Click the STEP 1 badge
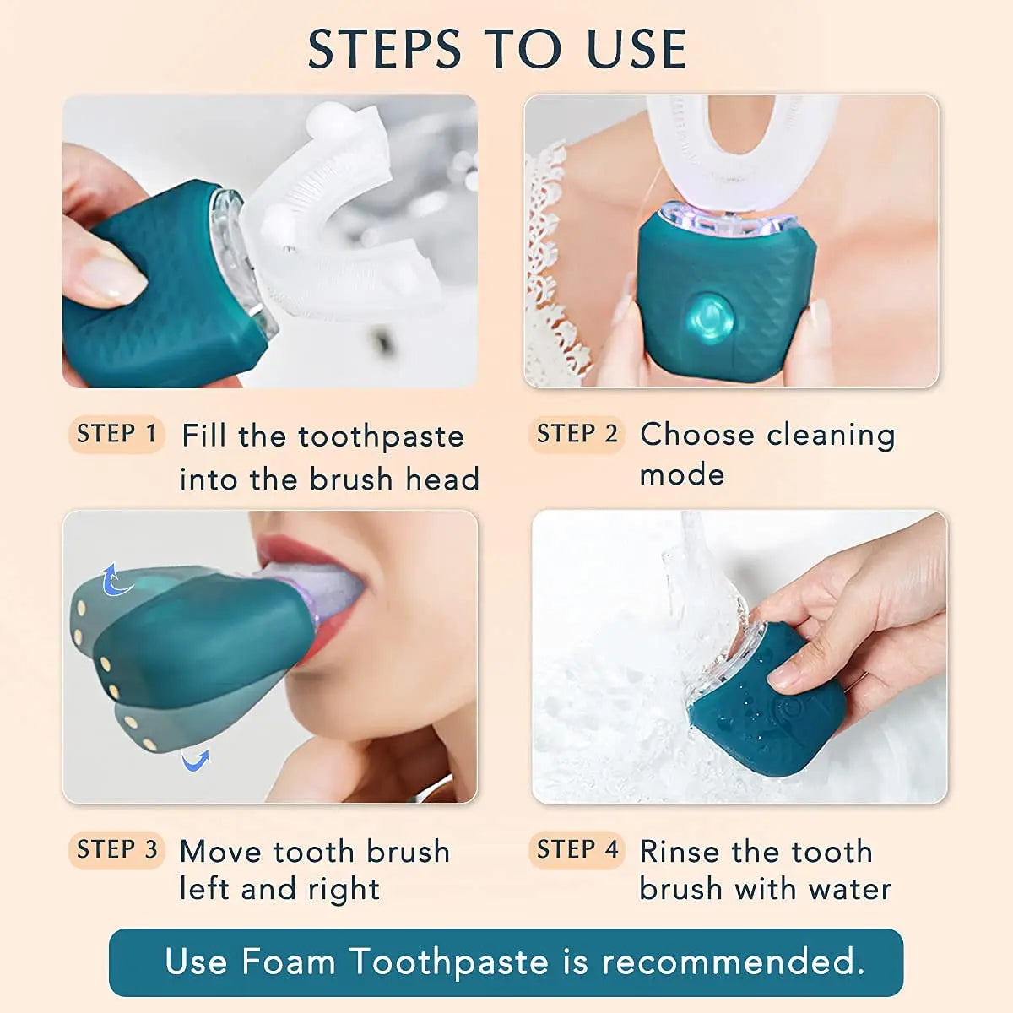[116, 435]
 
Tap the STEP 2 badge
[577, 435]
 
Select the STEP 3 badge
[116, 850]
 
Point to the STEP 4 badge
[577, 850]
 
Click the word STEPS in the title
[384, 49]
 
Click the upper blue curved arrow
[114, 580]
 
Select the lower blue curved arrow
[196, 761]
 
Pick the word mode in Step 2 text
[682, 474]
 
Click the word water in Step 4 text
[849, 889]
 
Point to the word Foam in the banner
[288, 962]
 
